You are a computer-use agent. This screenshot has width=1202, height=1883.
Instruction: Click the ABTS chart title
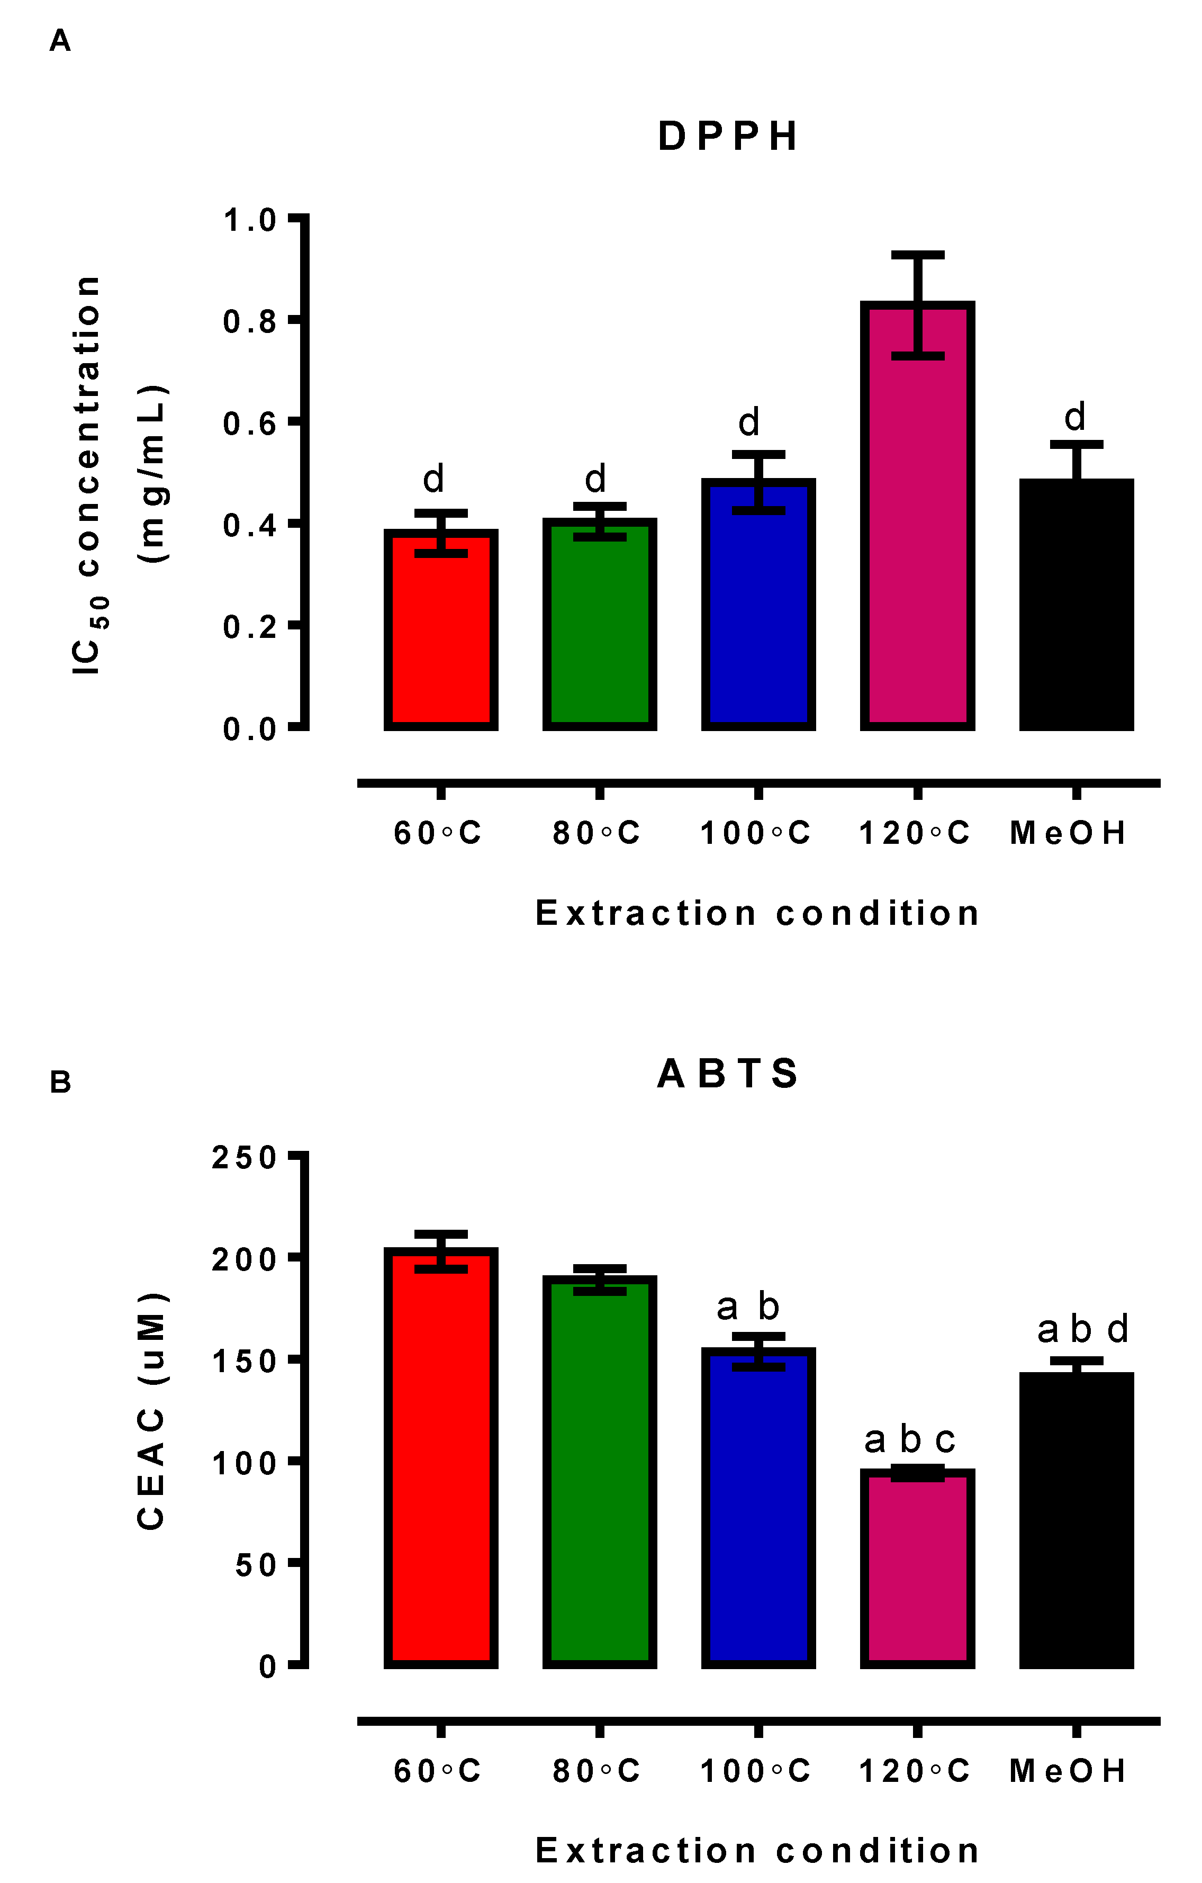tap(727, 1074)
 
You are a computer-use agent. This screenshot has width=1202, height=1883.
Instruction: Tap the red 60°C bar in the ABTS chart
tap(441, 1462)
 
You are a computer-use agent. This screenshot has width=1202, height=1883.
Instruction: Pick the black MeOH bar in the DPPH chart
tap(1076, 610)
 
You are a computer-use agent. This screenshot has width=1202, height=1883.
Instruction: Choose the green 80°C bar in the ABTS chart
tap(600, 1478)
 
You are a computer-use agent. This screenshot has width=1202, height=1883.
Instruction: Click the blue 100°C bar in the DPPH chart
tap(758, 610)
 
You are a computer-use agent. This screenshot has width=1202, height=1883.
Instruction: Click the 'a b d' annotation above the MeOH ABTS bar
tap(1082, 1329)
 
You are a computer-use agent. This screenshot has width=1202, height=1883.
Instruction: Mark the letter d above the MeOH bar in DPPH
tap(1076, 417)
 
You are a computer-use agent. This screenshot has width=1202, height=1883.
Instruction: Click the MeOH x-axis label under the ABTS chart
tap(1068, 1771)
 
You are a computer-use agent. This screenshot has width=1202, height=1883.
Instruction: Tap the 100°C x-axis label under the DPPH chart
tap(755, 834)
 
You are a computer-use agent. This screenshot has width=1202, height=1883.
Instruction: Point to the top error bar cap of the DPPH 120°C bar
tap(917, 255)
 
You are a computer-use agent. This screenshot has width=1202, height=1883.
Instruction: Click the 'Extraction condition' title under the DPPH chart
tap(757, 913)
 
